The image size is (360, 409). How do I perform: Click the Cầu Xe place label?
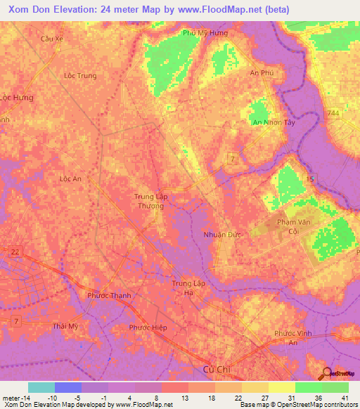click(52, 39)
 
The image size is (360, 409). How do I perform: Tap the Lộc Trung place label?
click(79, 75)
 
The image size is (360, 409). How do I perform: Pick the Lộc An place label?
click(71, 178)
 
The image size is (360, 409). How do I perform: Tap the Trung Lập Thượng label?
click(150, 202)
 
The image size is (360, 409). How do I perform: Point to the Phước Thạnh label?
click(110, 295)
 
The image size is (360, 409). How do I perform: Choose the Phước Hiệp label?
click(147, 327)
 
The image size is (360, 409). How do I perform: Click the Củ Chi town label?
click(212, 368)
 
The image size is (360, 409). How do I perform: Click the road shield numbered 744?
click(333, 112)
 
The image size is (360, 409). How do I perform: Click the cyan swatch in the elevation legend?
click(41, 387)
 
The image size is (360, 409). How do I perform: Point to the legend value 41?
click(345, 398)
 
